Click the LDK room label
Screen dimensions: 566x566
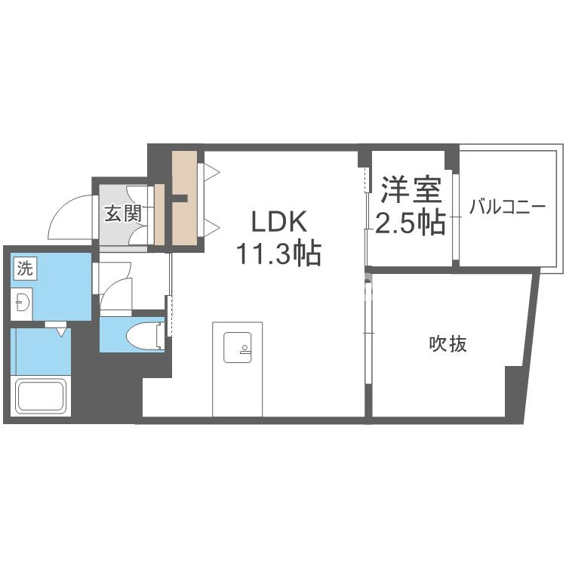pos(279,223)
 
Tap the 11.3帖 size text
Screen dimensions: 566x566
pos(279,254)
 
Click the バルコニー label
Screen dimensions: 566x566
pos(506,207)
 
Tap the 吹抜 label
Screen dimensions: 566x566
pos(448,344)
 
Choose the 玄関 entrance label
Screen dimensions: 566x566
pos(123,214)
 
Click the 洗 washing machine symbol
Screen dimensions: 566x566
pos(25,267)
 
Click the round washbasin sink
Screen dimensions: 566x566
pos(23,303)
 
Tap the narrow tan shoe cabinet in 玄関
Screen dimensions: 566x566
pos(159,214)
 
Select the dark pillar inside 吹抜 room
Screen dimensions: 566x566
pos(514,389)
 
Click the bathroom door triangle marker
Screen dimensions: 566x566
pos(59,329)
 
